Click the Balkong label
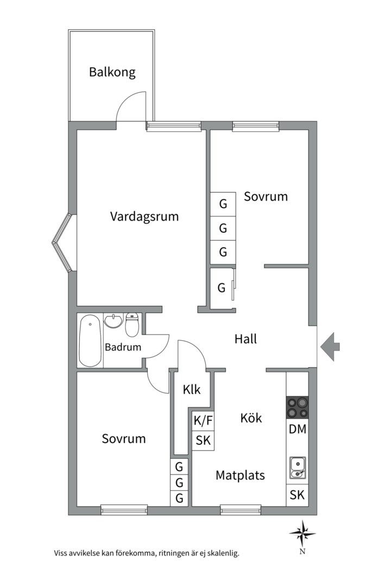coord(112,72)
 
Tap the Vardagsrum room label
coord(144,216)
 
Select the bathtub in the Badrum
coord(90,340)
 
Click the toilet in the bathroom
coord(132,324)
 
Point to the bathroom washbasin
coord(113,321)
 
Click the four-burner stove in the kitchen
coord(298,407)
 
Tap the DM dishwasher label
coord(298,429)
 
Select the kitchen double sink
coord(298,468)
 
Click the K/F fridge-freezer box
coord(203,421)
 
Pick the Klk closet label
coord(192,390)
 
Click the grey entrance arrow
coord(330,346)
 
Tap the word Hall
coord(245,339)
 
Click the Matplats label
coord(240,476)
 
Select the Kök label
coord(251,418)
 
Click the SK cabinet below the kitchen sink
coord(298,495)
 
